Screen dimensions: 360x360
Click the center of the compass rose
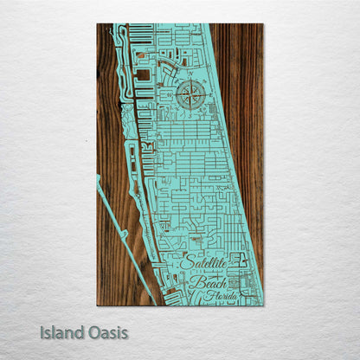[x=190, y=95]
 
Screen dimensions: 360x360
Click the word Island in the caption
[x=61, y=332]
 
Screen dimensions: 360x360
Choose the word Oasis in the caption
[x=107, y=332]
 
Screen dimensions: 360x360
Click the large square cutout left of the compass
[x=143, y=75]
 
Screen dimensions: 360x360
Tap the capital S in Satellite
[x=187, y=262]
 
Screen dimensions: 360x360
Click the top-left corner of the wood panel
[x=98, y=24]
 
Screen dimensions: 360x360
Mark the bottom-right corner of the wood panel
[x=262, y=305]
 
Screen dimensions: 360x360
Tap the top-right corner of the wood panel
[x=262, y=24]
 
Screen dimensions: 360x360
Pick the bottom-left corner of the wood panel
[x=98, y=305]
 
